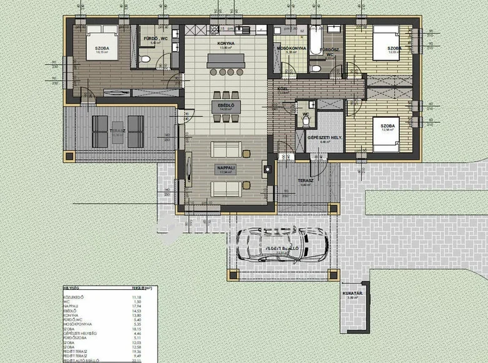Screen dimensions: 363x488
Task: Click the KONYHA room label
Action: [x=226, y=44]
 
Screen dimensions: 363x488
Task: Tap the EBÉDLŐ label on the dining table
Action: [x=226, y=105]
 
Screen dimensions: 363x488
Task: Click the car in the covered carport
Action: [x=282, y=244]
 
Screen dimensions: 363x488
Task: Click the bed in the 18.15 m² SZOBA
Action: [x=99, y=37]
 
